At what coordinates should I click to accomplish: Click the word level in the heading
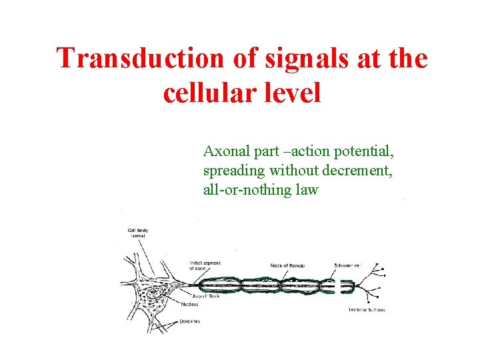click(291, 93)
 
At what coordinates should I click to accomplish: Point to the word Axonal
click(225, 151)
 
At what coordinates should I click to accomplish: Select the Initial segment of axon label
click(205, 265)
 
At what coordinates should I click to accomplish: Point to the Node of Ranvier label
click(288, 265)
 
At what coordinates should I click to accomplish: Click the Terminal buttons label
click(366, 310)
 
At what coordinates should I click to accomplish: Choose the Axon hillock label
click(206, 296)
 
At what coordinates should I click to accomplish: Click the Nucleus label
click(189, 305)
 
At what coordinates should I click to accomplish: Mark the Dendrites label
click(191, 321)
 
